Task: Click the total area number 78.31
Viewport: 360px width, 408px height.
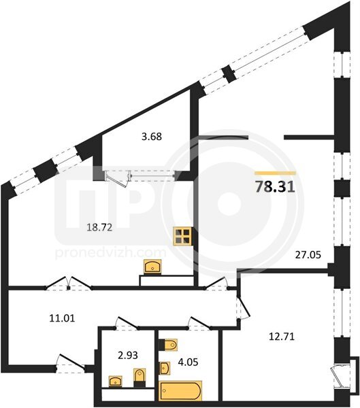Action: tap(275, 187)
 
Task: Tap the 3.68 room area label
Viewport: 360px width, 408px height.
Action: tap(152, 137)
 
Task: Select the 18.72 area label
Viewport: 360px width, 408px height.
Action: tap(99, 228)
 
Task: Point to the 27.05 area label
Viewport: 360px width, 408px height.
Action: tap(308, 255)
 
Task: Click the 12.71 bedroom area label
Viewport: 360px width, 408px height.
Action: tap(282, 337)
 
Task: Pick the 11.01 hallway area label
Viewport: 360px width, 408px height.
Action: tap(62, 318)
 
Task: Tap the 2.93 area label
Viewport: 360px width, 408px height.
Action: tap(128, 355)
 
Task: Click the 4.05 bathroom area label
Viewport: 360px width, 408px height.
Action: tap(188, 362)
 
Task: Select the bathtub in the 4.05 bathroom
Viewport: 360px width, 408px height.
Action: tap(180, 390)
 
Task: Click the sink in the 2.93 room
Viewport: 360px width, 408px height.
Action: tap(116, 381)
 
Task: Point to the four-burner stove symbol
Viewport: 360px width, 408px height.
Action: tap(183, 236)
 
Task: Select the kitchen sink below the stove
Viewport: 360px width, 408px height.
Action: tap(152, 266)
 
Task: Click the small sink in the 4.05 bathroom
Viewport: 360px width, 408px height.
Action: tap(165, 368)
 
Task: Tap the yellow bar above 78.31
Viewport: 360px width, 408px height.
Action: tap(276, 173)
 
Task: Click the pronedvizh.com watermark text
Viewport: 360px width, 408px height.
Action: tap(111, 252)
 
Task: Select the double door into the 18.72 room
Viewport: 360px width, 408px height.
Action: tap(69, 283)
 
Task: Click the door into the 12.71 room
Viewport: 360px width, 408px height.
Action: tap(243, 307)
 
